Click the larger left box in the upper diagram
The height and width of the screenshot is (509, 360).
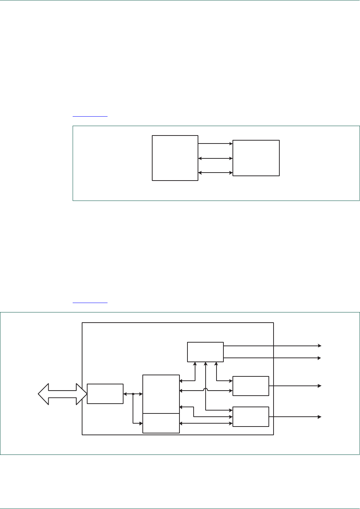pyautogui.click(x=175, y=158)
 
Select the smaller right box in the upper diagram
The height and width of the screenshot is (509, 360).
pyautogui.click(x=256, y=158)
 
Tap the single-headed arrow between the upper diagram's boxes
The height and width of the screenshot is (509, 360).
pyautogui.click(x=215, y=144)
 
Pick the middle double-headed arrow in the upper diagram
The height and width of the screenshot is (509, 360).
pyautogui.click(x=215, y=158)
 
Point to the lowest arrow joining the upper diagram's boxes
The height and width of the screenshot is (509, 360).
pyautogui.click(x=215, y=173)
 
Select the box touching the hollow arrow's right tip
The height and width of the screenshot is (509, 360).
pyautogui.click(x=105, y=393)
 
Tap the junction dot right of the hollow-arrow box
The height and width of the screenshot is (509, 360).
pyautogui.click(x=133, y=394)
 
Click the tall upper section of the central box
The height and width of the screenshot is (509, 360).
pyautogui.click(x=161, y=394)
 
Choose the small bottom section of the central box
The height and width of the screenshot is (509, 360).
pyautogui.click(x=161, y=423)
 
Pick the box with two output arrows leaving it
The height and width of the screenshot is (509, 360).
pyautogui.click(x=205, y=352)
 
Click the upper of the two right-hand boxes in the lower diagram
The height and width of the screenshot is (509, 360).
pyautogui.click(x=251, y=386)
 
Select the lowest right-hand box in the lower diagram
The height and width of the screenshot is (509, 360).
pyautogui.click(x=251, y=417)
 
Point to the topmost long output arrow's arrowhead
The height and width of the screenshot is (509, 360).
pyautogui.click(x=319, y=346)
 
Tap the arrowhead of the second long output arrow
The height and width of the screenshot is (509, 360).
pyautogui.click(x=319, y=358)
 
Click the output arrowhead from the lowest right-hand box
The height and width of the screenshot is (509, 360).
pyautogui.click(x=319, y=417)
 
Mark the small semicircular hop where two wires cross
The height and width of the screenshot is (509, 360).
pyautogui.click(x=206, y=389)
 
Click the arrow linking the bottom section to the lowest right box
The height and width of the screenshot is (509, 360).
pyautogui.click(x=206, y=423)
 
